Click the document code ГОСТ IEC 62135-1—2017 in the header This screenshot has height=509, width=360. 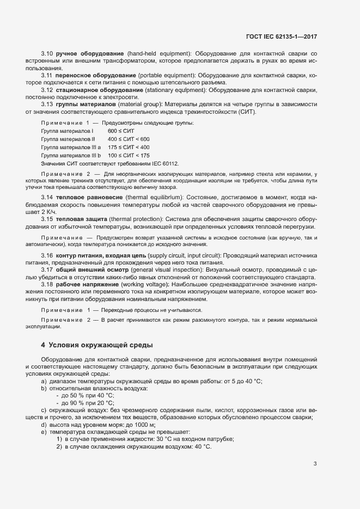click(281, 36)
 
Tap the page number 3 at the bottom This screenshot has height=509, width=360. click(315, 464)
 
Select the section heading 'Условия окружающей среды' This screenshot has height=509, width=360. click(101, 345)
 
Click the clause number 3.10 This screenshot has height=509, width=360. click(47, 53)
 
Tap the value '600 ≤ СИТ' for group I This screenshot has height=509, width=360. click(120, 131)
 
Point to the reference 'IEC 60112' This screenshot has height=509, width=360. click(163, 164)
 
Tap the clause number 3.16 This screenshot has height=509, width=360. click(47, 255)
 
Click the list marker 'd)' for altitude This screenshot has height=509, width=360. click(44, 425)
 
